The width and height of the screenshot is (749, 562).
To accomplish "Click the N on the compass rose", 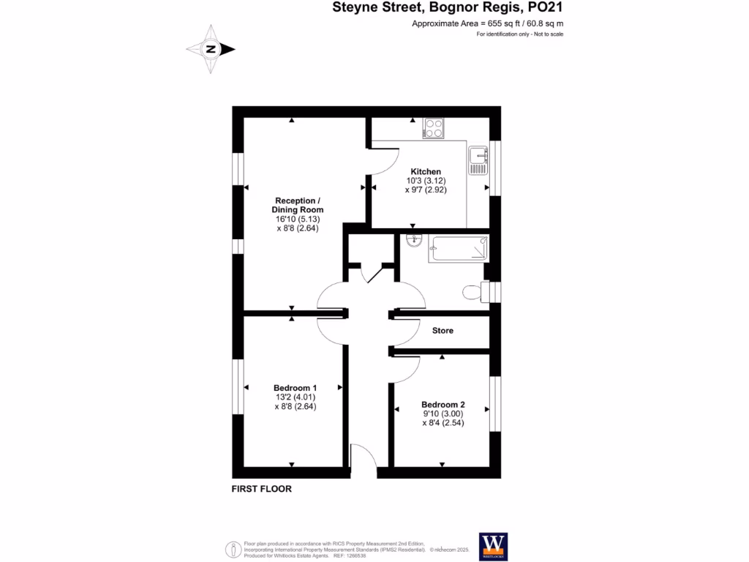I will point(211,50).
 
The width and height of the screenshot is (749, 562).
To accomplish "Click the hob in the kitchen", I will point(434,129).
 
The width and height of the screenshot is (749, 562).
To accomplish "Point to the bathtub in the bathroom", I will point(458,250).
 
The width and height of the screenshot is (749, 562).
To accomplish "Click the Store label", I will point(443,331).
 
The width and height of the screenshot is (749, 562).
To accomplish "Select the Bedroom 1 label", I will point(295,388).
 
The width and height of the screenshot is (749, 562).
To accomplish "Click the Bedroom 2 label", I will point(443,404).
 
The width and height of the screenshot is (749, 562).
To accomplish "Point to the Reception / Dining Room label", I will point(298,205).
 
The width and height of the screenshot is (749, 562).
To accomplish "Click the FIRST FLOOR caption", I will point(261,489).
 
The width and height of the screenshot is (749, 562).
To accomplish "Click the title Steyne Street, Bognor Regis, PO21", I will point(448,9).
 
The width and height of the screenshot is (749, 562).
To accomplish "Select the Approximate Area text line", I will point(487,24).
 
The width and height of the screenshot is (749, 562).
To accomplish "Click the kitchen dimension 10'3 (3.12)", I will point(426,181).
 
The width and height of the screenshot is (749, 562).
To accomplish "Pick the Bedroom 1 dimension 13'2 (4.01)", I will point(295,397).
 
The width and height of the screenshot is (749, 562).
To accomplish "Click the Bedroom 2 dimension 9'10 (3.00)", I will point(443,413).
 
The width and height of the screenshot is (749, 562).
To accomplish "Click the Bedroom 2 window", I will point(495,402).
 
